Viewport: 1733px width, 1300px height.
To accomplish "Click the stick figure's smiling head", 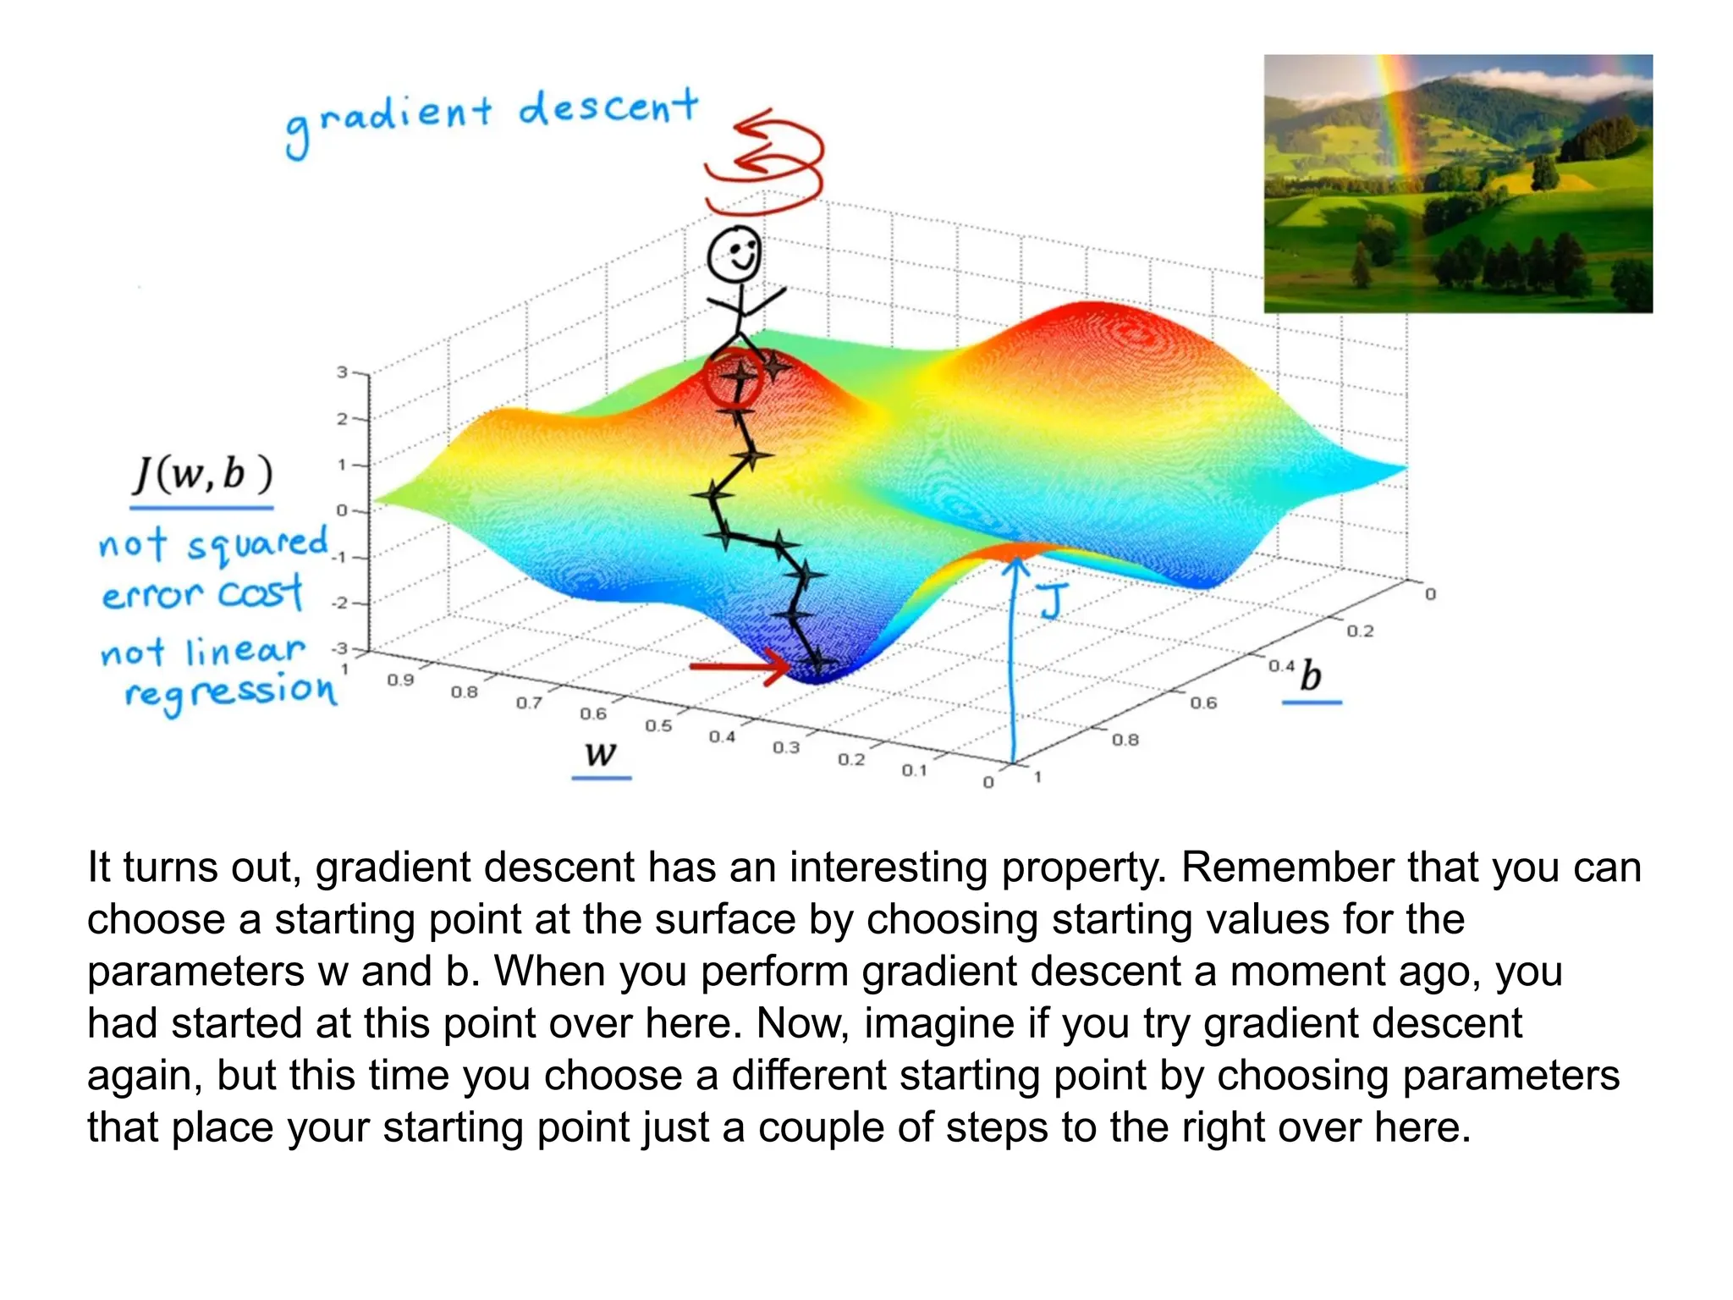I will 734,253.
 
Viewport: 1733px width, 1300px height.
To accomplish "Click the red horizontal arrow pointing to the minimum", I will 738,667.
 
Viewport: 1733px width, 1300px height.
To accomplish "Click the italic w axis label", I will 601,752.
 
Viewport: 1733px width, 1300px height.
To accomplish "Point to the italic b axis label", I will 1311,675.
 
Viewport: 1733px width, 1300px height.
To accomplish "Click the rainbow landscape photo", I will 1457,184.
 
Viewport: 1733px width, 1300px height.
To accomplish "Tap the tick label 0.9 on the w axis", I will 400,680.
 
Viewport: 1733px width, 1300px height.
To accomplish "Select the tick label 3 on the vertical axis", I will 342,372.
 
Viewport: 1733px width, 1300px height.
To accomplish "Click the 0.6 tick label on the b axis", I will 1202,702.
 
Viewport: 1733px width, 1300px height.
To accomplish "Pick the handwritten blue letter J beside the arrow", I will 1053,601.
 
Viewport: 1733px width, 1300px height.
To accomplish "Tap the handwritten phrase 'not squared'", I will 213,544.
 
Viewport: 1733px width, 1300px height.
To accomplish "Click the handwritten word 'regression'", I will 230,692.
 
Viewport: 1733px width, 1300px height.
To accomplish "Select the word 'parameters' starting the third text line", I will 195,971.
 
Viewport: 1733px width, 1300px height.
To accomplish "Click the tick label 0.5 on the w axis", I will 658,726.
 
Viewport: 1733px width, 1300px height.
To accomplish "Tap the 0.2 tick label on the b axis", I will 1360,631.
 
